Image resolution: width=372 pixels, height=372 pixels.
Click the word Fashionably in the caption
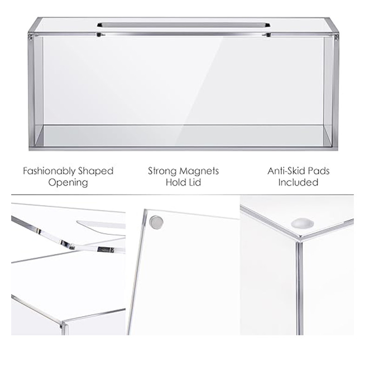tap(49, 171)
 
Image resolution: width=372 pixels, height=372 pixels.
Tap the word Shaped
tap(96, 171)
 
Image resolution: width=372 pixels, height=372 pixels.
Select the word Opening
tap(68, 183)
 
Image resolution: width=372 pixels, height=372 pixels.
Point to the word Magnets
tap(198, 171)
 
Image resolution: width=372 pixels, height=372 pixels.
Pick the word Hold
tap(175, 182)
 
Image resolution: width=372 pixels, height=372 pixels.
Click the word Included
tap(298, 182)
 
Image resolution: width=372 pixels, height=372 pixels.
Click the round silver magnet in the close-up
tap(156, 222)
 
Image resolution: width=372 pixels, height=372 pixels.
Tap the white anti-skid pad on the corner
tap(302, 223)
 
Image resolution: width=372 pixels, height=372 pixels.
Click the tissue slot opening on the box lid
tap(183, 25)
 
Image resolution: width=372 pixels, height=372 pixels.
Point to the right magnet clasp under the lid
tap(267, 35)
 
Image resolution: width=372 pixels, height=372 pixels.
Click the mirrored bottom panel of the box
tap(183, 136)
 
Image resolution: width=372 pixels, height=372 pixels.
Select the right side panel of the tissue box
tap(330, 90)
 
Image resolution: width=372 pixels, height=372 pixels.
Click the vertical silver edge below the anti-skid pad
tap(299, 287)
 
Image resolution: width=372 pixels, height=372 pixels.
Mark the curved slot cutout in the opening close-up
tap(101, 225)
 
